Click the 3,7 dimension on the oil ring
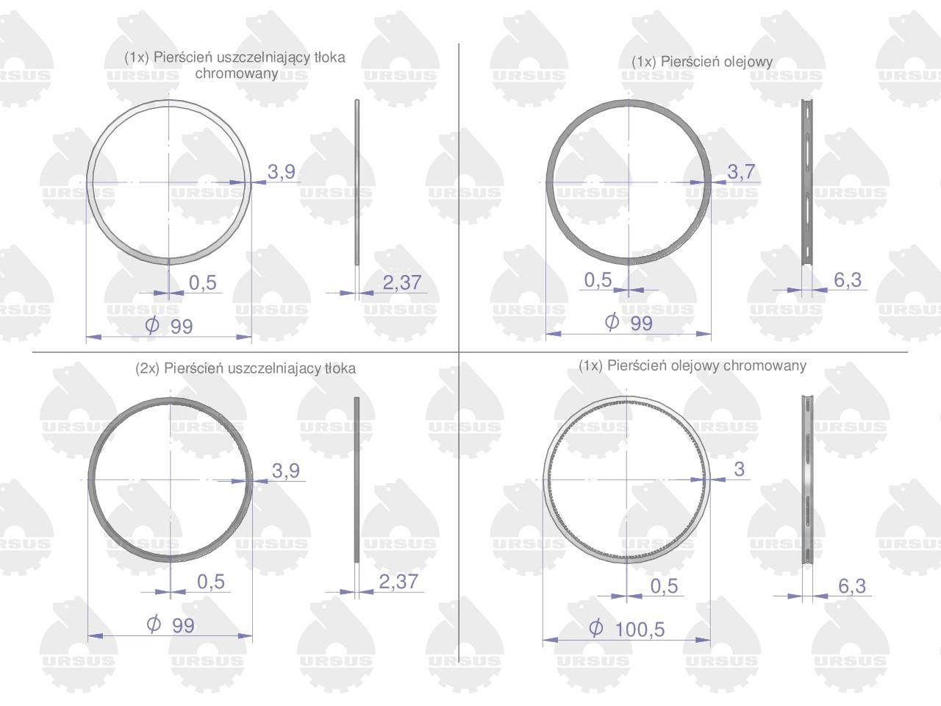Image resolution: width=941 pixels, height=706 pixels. click(x=741, y=172)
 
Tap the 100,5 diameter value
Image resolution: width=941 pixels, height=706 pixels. click(x=640, y=630)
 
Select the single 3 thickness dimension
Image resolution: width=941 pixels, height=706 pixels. click(x=739, y=469)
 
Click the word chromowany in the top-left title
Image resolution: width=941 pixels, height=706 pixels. click(x=237, y=74)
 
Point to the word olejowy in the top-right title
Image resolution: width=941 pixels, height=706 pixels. click(x=748, y=63)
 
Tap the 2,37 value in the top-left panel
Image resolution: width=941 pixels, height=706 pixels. click(x=401, y=282)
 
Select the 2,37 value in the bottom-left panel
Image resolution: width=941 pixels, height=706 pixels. click(x=398, y=582)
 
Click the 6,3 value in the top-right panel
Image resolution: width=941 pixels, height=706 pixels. click(x=848, y=280)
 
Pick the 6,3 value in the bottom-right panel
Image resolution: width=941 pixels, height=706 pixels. click(x=852, y=586)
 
